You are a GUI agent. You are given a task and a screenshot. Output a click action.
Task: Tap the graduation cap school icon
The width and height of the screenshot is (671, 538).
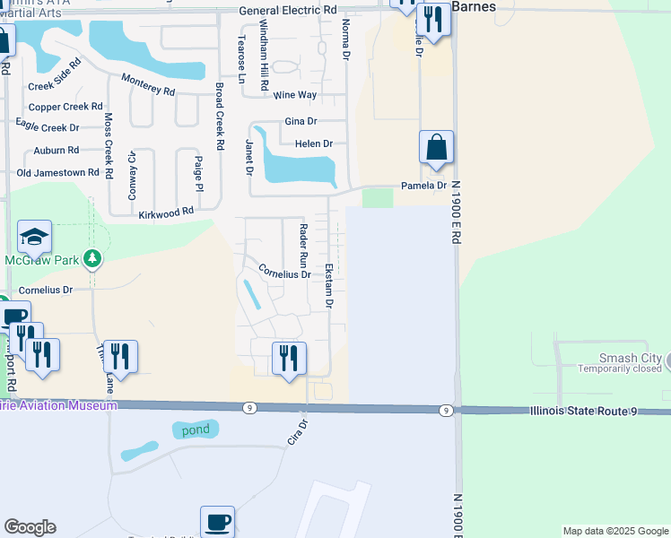pos(34,238)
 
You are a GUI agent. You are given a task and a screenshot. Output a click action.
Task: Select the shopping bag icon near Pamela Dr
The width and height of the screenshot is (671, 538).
pos(436,149)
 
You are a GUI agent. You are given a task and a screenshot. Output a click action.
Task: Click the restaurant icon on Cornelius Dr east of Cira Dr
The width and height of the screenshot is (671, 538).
pos(289,359)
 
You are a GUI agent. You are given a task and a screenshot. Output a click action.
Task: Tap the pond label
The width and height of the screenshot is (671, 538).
pos(195,430)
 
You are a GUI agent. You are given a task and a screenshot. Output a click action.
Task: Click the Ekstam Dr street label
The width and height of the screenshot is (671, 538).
pos(329,286)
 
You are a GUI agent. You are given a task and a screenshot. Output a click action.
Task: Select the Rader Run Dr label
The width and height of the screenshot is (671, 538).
pos(303,247)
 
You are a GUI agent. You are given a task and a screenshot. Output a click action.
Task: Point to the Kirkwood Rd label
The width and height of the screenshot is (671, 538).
pos(166,213)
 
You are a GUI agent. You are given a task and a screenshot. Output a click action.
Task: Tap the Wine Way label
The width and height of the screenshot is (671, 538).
pos(295,95)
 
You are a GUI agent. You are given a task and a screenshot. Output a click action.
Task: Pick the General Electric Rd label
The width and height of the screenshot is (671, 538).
pos(288,10)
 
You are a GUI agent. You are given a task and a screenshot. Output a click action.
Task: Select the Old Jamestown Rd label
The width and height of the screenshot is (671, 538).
pos(57,172)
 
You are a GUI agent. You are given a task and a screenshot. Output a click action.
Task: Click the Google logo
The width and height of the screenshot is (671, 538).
pos(30,527)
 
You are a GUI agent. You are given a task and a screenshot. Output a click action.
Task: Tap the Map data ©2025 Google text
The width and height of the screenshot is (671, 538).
pos(614,531)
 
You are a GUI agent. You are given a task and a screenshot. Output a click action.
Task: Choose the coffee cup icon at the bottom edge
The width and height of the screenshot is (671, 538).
pos(217,522)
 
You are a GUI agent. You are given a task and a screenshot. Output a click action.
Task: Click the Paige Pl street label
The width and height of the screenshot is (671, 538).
pos(199,172)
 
